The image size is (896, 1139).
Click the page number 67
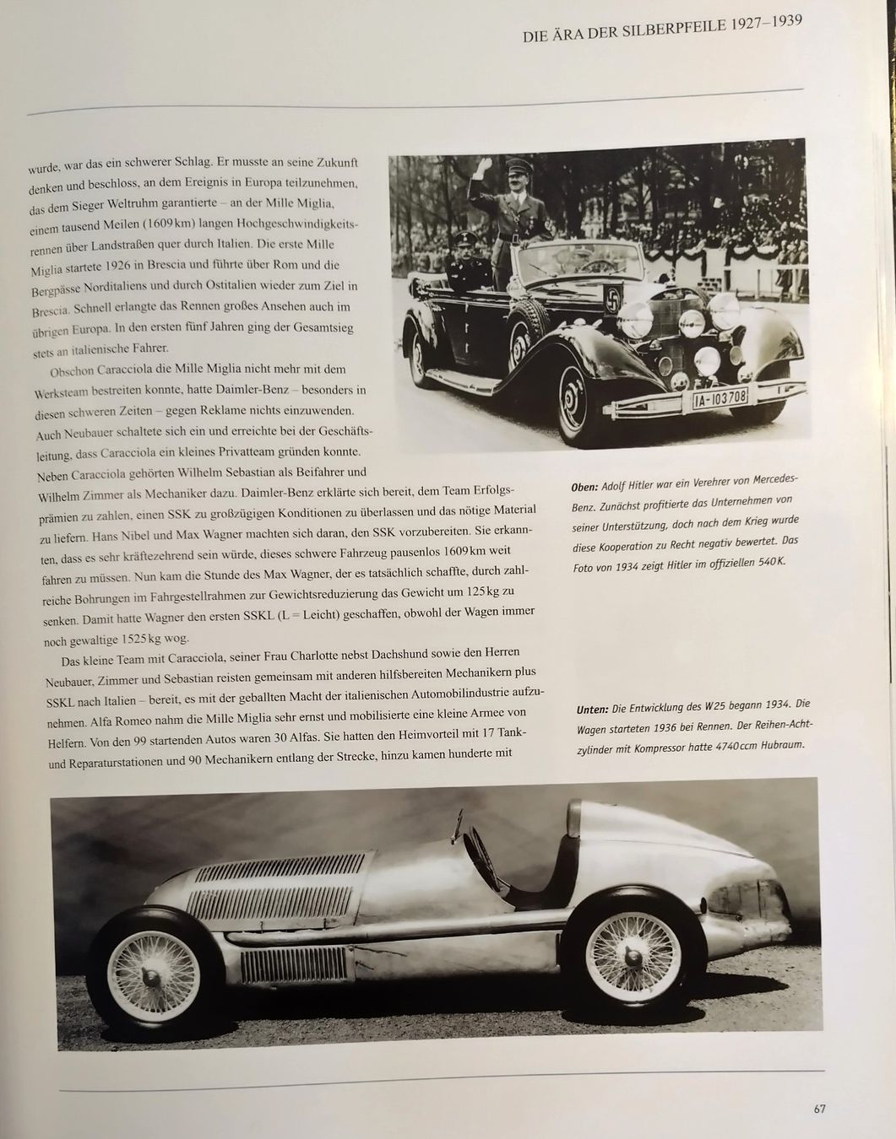pos(818,1108)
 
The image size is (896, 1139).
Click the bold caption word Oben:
pos(584,488)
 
